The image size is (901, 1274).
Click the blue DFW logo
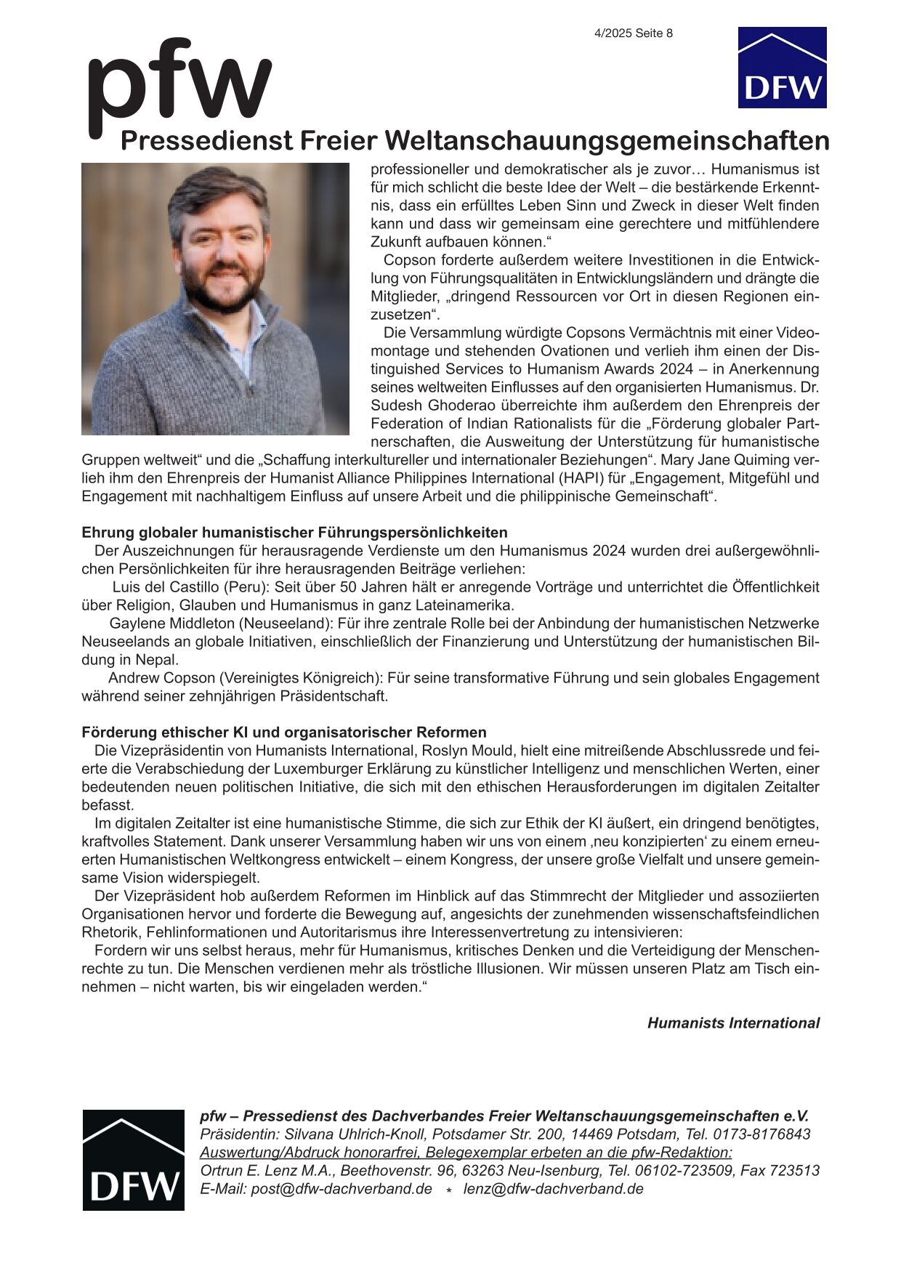[x=782, y=68]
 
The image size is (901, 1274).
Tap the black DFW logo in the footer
[x=133, y=1160]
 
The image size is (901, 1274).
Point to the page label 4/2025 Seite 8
[x=633, y=33]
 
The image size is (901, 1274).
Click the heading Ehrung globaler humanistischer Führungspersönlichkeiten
[x=294, y=533]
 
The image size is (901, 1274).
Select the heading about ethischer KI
[x=283, y=733]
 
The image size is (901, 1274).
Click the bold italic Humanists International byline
[x=733, y=1023]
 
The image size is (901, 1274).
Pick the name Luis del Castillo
[x=166, y=587]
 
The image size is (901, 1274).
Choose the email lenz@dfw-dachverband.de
[x=553, y=1189]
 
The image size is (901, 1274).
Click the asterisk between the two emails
[x=448, y=1191]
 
